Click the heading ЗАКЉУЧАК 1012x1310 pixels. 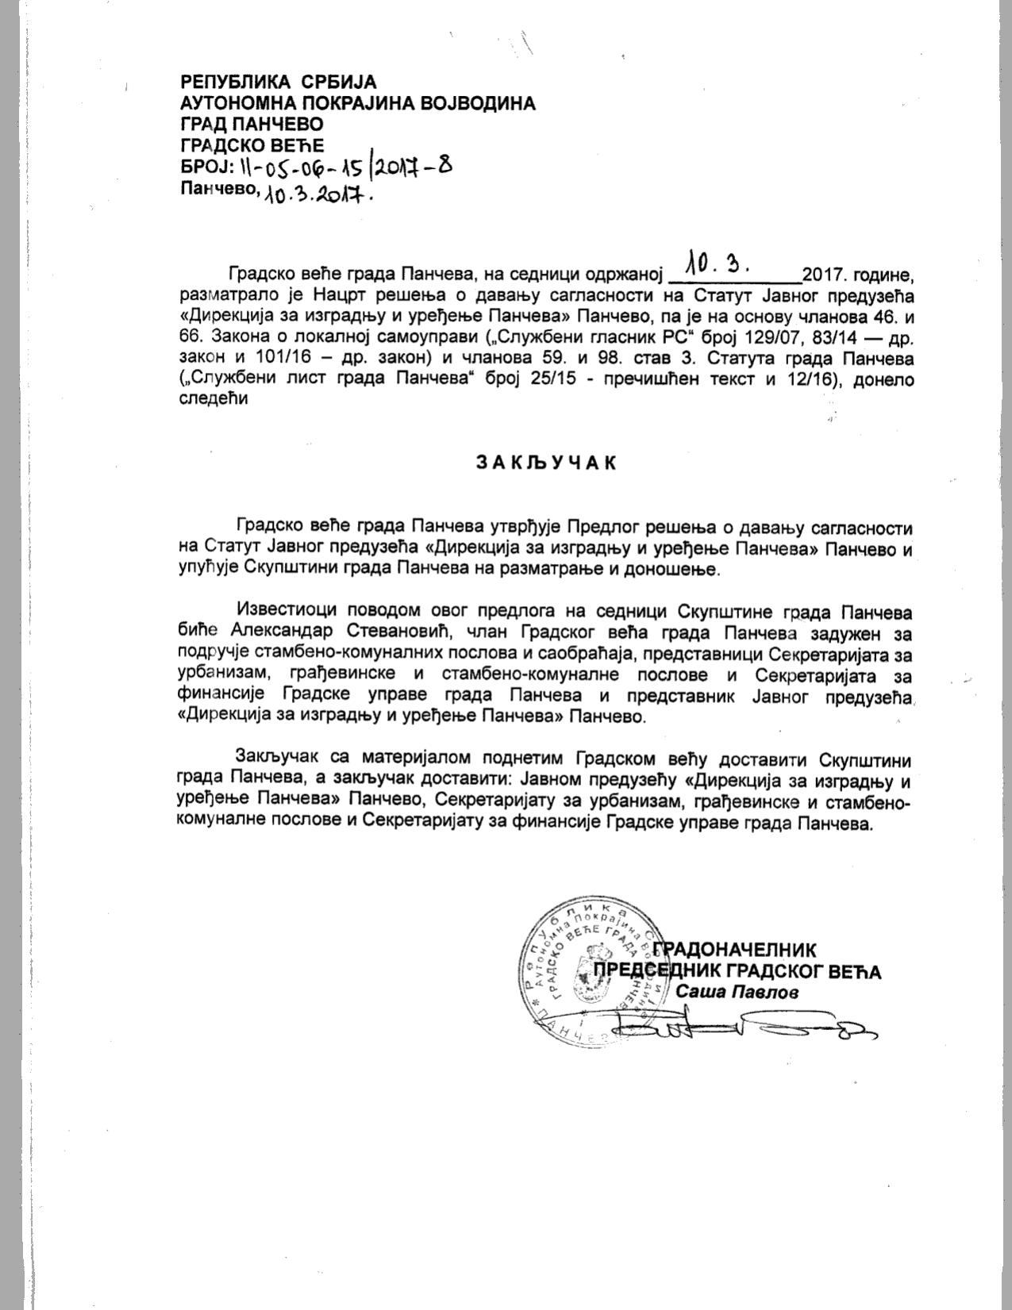coord(546,463)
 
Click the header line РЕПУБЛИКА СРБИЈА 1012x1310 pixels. coord(279,82)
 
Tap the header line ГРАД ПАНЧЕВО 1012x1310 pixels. coord(252,124)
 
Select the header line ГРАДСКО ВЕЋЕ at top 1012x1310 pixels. coord(253,145)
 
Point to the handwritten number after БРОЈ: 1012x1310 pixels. coord(344,167)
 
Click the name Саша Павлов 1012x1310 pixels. coord(737,992)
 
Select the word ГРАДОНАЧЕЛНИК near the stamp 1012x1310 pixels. coord(737,949)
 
